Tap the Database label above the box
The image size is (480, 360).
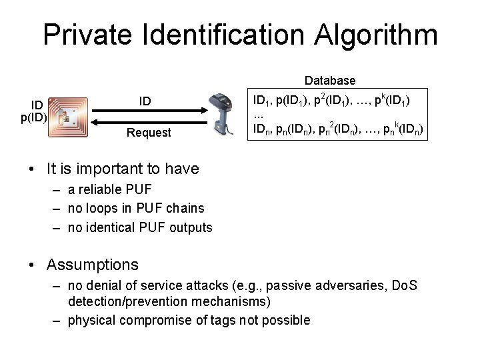330,81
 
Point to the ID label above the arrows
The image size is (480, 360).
145,101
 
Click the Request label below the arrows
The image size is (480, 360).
149,133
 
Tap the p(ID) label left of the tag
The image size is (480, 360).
33,118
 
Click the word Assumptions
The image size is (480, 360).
92,265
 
